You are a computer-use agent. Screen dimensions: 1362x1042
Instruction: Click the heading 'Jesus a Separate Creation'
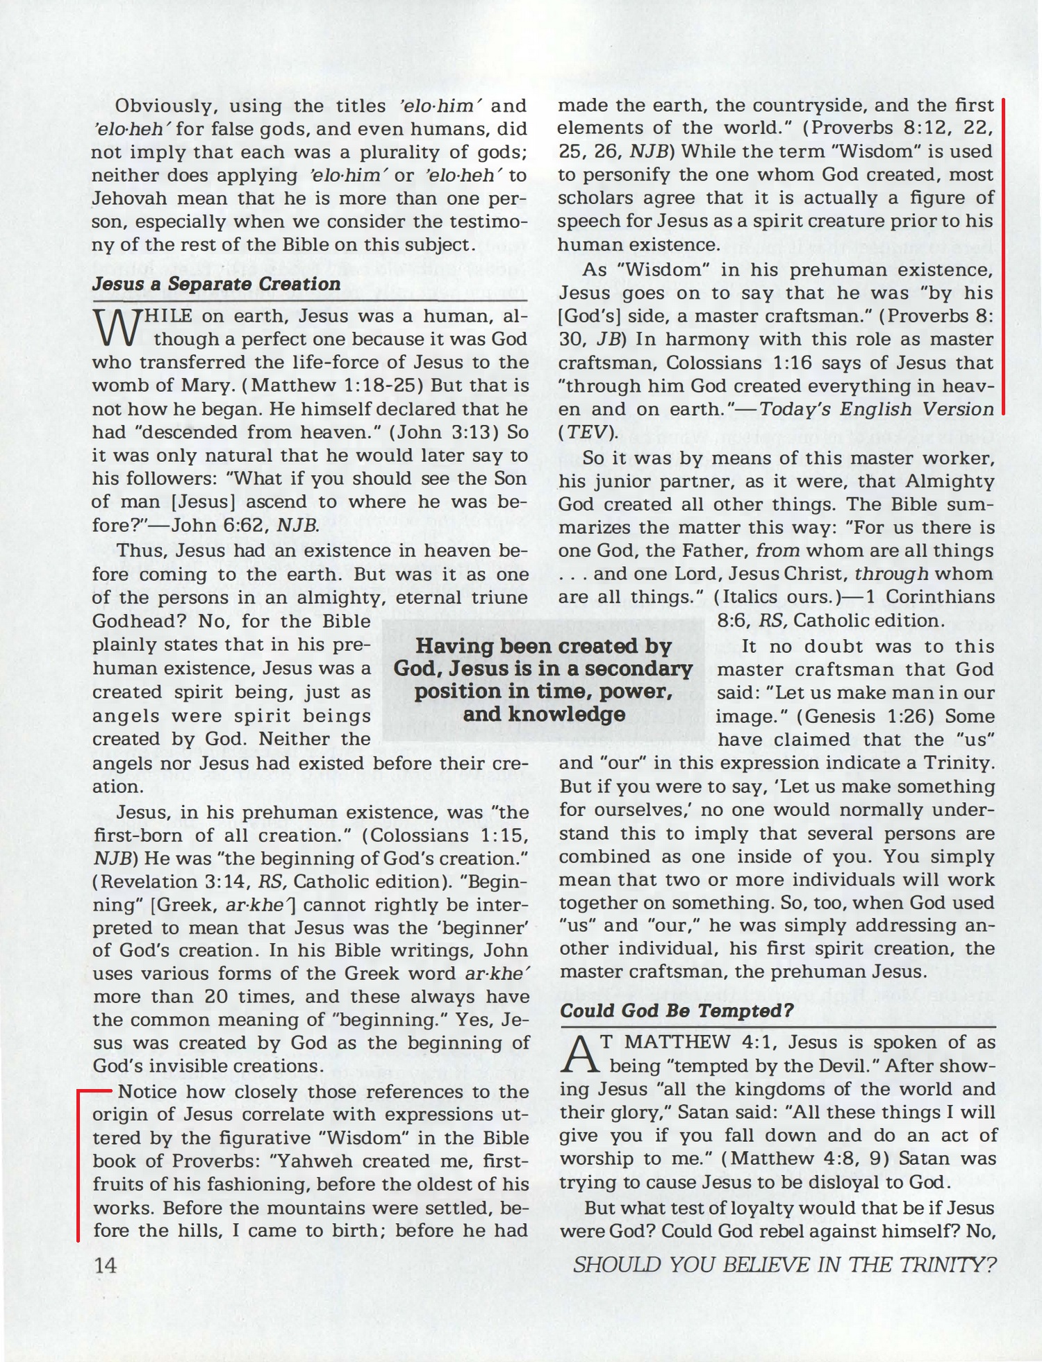pyautogui.click(x=216, y=284)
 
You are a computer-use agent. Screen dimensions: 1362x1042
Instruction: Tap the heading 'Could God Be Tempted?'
pyautogui.click(x=676, y=1010)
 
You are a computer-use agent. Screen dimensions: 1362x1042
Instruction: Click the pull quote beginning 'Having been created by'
pyautogui.click(x=543, y=680)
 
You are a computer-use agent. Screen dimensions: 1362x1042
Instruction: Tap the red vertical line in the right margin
pyautogui.click(x=1004, y=257)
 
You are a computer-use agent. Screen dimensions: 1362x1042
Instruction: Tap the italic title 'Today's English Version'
pyautogui.click(x=877, y=409)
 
